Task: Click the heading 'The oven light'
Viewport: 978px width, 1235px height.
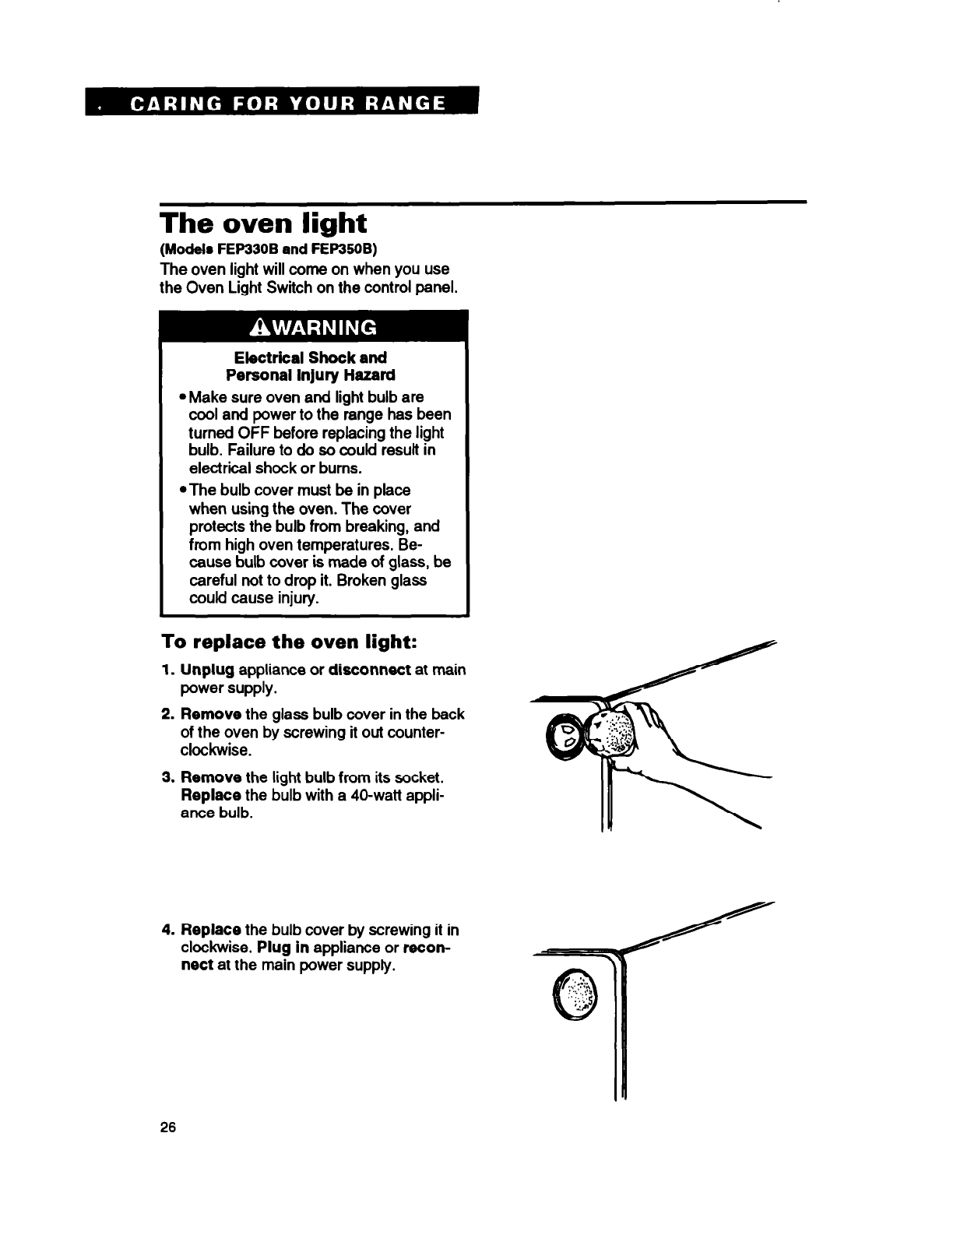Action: pos(262,223)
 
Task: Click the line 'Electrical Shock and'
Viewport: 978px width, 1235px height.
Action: pos(311,357)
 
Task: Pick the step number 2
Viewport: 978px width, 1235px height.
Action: pos(167,714)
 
